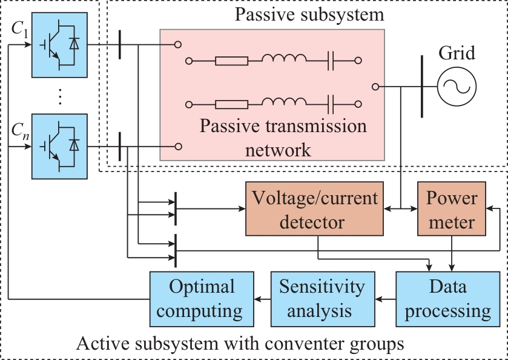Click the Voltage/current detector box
pos(315,210)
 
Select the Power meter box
pos(452,210)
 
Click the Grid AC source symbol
pos(457,85)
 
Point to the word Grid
pos(457,53)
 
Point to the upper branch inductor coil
pos(284,59)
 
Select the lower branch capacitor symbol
pos(332,103)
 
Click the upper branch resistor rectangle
pos(231,61)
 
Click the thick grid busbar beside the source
pos(421,86)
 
